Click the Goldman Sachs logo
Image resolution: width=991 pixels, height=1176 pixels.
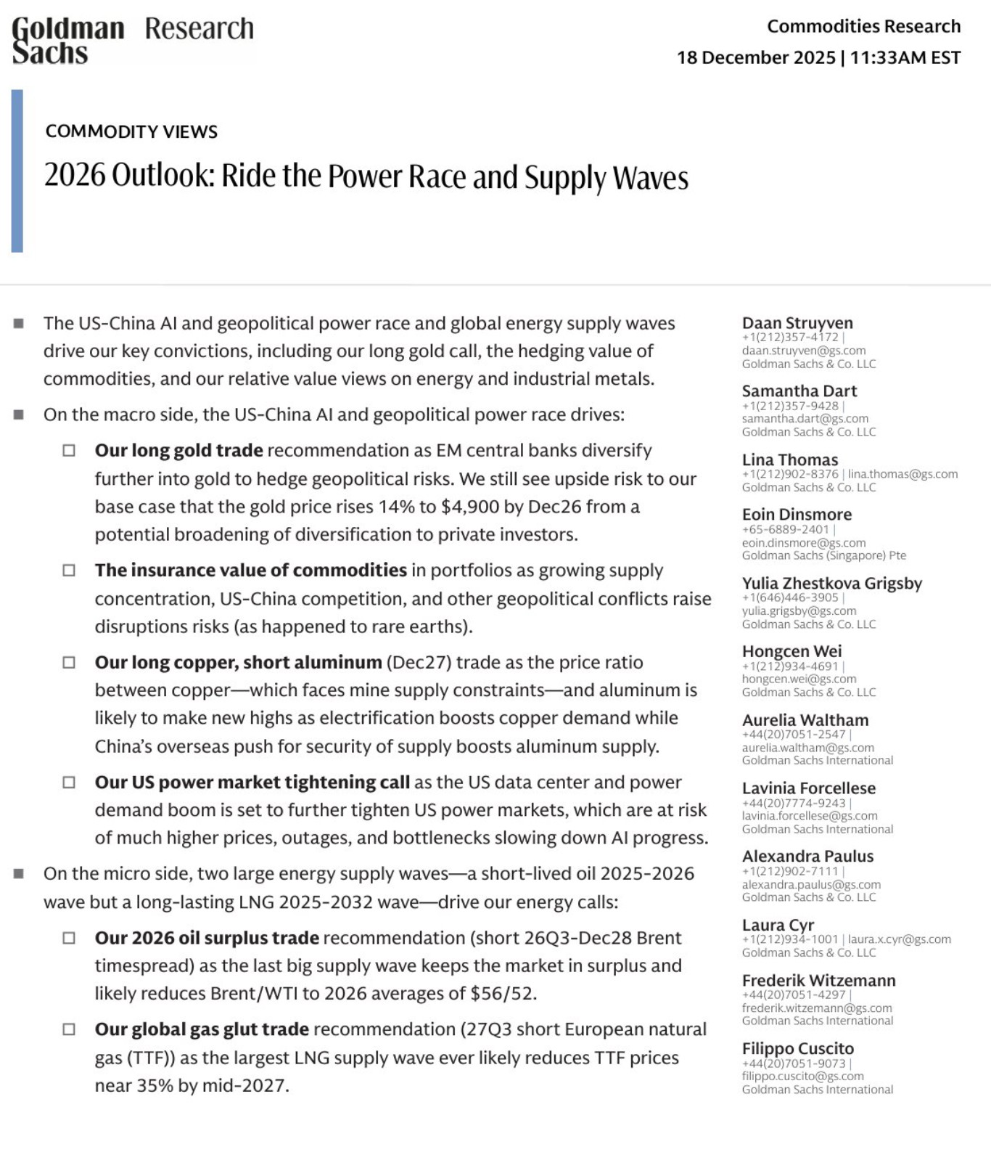tap(68, 40)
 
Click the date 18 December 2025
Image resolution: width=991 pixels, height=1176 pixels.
tap(756, 58)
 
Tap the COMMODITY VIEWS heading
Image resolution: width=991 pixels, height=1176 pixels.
tap(131, 131)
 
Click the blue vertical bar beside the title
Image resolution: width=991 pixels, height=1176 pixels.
tap(17, 171)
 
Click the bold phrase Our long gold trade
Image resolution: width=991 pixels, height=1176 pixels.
tap(178, 450)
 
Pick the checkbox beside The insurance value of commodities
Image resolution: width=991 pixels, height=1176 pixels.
tap(69, 571)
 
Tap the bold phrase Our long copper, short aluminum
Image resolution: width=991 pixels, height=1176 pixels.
tap(238, 662)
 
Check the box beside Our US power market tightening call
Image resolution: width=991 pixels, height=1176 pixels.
tap(69, 783)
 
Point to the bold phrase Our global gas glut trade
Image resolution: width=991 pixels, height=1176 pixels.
tap(202, 1029)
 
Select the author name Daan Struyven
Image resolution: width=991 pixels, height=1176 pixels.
tap(797, 323)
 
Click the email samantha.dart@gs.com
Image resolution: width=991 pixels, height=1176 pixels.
tap(805, 419)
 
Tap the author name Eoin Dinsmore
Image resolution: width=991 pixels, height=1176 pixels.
tap(797, 515)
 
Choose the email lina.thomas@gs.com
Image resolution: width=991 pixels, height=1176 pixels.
tap(903, 474)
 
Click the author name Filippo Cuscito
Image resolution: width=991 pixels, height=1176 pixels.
tap(797, 1049)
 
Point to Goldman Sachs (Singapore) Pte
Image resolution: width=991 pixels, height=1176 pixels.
tap(823, 555)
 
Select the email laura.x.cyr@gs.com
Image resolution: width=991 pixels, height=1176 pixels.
tap(900, 939)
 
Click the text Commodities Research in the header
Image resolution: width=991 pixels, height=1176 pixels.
tap(863, 27)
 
